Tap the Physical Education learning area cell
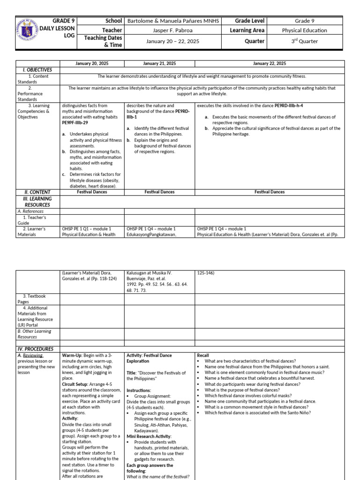tap(305, 30)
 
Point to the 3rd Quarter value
tap(305, 41)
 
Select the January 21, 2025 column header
tap(159, 63)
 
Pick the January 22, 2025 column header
tap(270, 63)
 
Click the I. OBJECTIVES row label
tap(37, 70)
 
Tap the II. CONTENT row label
tap(37, 192)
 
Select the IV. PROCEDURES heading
tap(36, 349)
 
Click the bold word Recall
tap(203, 355)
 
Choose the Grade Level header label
tap(250, 21)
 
